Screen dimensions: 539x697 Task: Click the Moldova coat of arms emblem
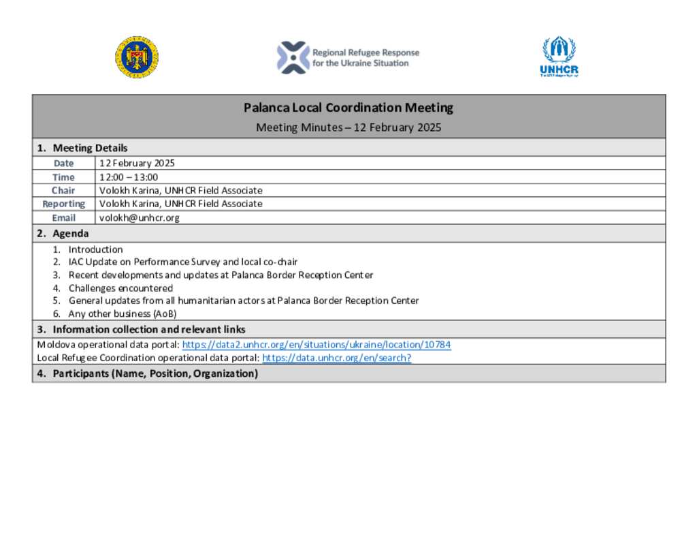point(137,57)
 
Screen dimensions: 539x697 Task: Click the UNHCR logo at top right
point(559,57)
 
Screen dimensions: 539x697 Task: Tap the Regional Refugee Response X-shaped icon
point(293,57)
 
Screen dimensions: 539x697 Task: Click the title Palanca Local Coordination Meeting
point(348,108)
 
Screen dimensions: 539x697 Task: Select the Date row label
point(64,164)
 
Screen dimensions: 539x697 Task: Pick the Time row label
point(64,177)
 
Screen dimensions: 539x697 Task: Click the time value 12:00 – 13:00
point(129,177)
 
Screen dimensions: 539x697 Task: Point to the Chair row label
point(64,191)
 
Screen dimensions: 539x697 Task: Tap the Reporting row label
point(64,204)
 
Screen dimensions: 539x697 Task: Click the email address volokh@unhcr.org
point(140,218)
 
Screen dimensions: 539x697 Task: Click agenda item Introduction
point(95,249)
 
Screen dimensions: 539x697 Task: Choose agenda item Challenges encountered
point(120,288)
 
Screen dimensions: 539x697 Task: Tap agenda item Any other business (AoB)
point(123,314)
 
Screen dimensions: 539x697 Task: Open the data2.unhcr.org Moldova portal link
point(317,345)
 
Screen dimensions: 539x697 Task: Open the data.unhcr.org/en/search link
point(336,358)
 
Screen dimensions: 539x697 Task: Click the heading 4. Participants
point(147,373)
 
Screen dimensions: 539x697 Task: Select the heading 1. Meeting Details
point(82,148)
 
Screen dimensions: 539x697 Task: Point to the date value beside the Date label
point(137,164)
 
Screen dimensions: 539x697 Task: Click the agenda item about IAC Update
point(182,262)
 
